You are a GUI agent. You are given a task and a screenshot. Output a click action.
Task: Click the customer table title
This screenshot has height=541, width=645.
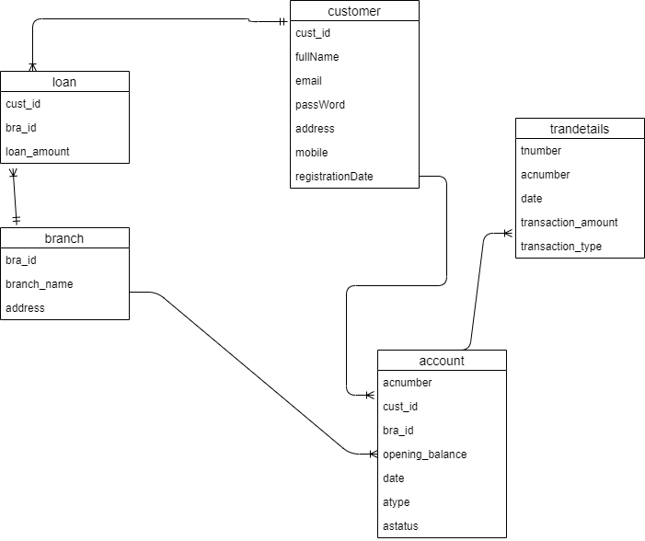[x=354, y=11]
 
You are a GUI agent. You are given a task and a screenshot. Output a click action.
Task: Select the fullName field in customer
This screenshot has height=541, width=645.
[x=317, y=57]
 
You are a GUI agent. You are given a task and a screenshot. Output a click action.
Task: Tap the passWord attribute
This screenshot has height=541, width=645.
[x=319, y=105]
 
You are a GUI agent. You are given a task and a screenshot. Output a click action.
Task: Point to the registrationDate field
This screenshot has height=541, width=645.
[x=334, y=177]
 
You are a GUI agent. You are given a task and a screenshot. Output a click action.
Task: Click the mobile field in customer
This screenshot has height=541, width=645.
[x=311, y=153]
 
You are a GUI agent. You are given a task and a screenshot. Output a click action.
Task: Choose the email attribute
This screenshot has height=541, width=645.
[x=308, y=81]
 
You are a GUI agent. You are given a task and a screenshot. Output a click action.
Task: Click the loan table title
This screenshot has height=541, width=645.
[x=64, y=82]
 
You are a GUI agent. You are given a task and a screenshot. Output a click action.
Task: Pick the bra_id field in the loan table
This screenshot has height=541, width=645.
[x=20, y=128]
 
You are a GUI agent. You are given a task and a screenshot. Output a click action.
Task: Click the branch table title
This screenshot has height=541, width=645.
[x=64, y=238]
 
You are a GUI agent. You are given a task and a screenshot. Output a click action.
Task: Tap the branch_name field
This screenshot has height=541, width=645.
[x=39, y=284]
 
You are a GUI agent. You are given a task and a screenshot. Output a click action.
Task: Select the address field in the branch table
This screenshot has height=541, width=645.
[x=25, y=308]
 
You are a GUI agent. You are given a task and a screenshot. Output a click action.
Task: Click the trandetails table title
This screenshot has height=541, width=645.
[x=579, y=130]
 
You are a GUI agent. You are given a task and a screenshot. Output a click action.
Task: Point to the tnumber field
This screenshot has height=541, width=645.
[x=540, y=151]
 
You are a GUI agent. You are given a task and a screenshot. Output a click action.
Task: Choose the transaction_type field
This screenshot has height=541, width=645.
[x=560, y=247]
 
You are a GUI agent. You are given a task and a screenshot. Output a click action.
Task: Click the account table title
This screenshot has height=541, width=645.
[x=442, y=361]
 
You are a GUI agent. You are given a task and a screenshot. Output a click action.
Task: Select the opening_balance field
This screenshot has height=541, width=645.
[x=424, y=455]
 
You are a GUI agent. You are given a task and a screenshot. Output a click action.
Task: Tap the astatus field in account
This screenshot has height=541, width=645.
[x=400, y=526]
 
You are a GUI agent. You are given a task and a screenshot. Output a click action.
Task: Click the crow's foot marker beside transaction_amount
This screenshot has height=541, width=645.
[x=507, y=234]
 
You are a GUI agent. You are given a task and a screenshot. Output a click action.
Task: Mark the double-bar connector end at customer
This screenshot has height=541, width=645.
[x=282, y=21]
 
